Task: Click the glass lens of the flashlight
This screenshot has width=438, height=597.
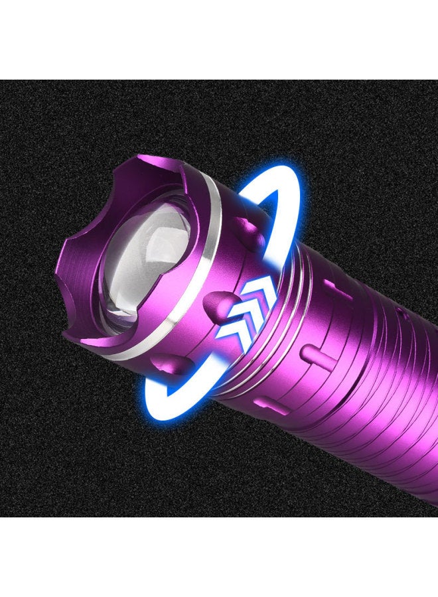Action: click(x=143, y=255)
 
